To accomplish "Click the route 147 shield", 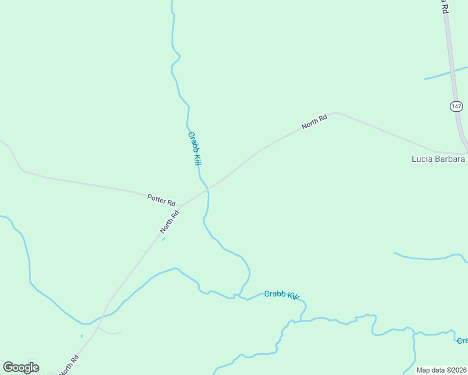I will coord(456,106).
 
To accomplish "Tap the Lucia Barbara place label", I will coord(439,159).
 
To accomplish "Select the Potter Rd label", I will coord(161,199).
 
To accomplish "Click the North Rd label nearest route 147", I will coord(314,122).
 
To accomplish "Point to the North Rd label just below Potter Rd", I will coord(170,222).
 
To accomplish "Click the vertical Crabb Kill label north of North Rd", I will coord(195,147).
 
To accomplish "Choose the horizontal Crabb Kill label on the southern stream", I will coord(282,295).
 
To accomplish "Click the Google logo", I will coord(21,367).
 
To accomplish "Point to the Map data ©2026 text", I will coord(441,370).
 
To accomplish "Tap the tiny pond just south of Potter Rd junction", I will coord(163,239).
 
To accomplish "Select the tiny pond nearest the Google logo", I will coord(81,336).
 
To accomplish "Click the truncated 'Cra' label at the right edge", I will coord(462,341).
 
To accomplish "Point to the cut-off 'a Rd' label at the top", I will coord(443,6).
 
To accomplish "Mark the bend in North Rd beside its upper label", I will coord(336,113).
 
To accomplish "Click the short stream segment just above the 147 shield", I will coord(445,73).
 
